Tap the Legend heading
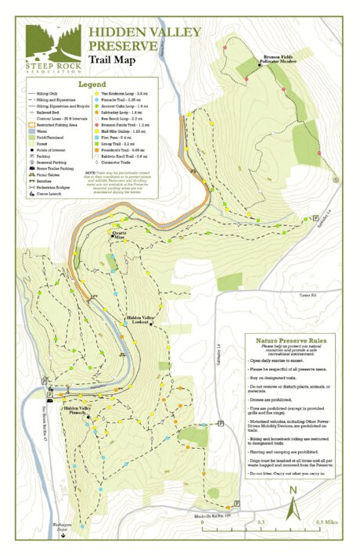(x=91, y=84)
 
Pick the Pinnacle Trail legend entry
(x=117, y=99)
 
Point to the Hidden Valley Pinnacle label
(x=80, y=410)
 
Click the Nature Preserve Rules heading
(x=284, y=341)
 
